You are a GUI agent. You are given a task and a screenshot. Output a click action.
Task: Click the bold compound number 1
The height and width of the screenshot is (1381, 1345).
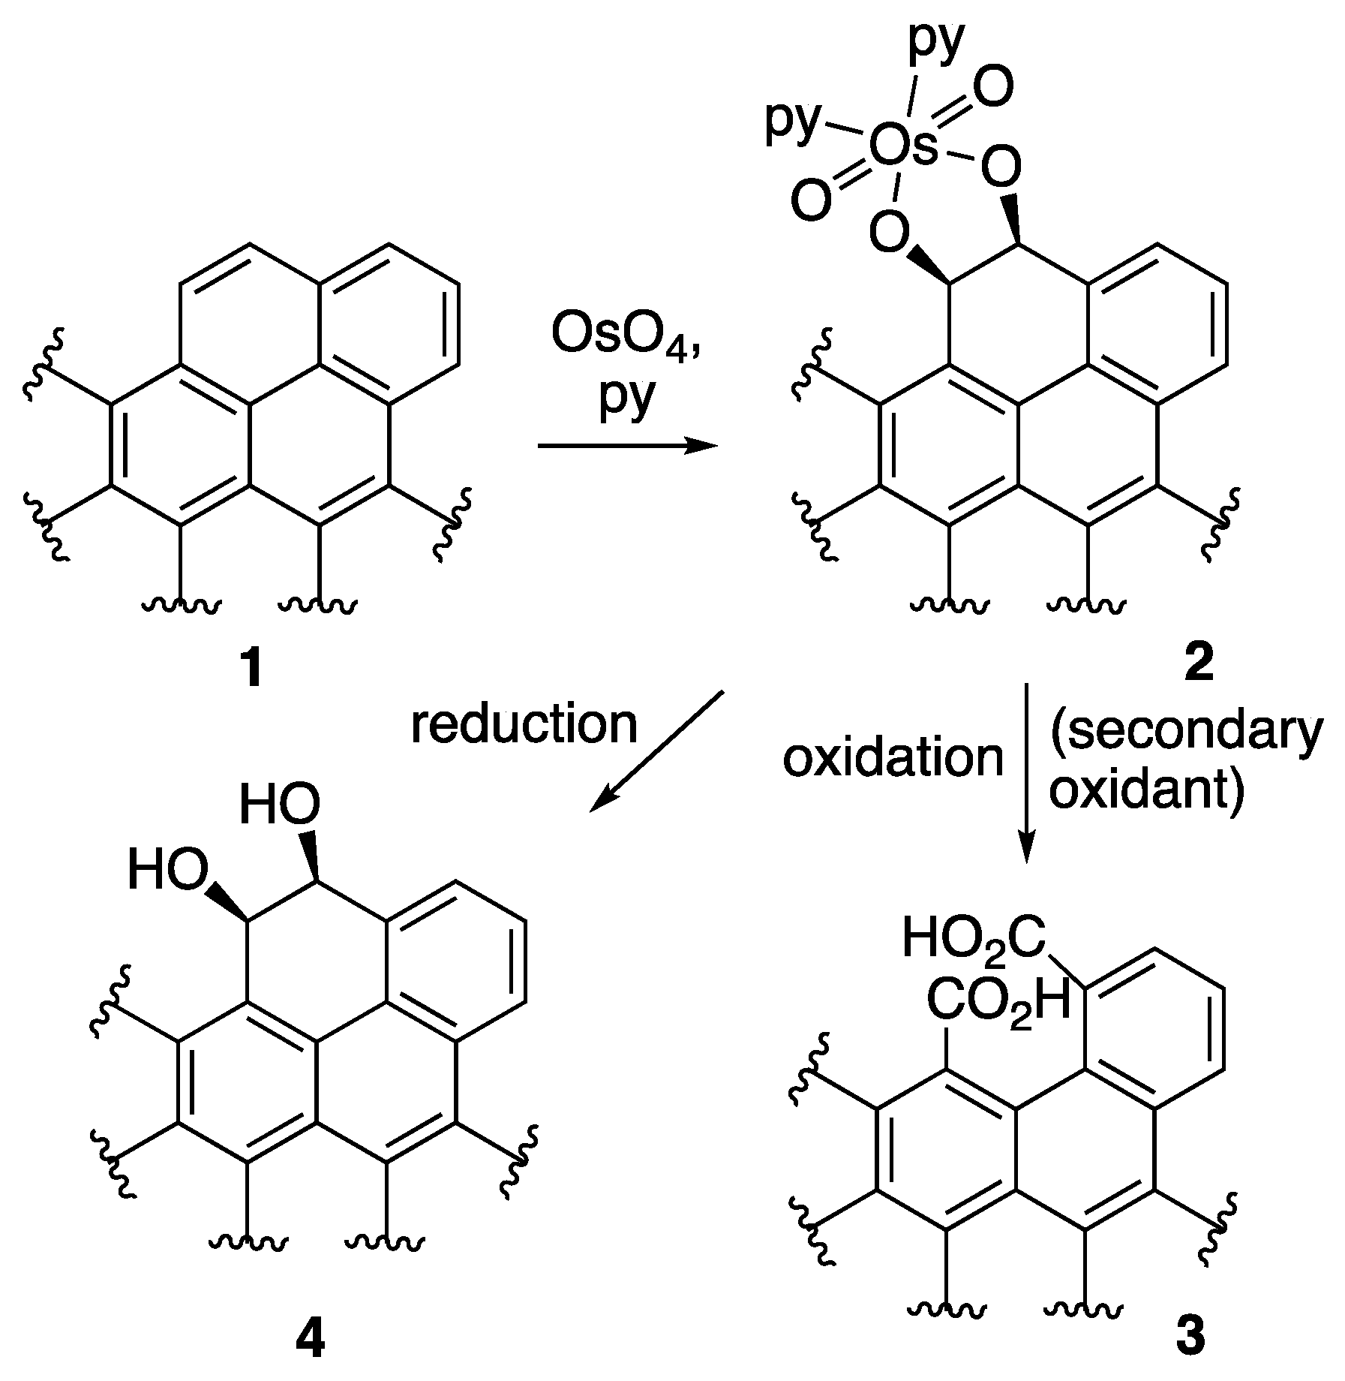coord(252,669)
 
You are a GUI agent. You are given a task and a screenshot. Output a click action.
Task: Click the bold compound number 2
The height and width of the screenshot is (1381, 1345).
coord(1198,664)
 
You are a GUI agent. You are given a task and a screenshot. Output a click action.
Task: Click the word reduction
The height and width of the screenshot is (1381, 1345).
coord(524,725)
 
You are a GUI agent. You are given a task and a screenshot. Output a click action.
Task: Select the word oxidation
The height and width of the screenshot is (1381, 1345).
coord(893,758)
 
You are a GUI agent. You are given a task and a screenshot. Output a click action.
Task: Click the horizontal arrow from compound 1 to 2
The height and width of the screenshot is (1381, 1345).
coord(627,447)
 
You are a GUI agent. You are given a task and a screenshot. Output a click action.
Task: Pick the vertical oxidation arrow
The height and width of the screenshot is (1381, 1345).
coord(1027,773)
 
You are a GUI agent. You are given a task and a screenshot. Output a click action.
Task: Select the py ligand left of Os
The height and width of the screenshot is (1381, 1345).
coord(793,123)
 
